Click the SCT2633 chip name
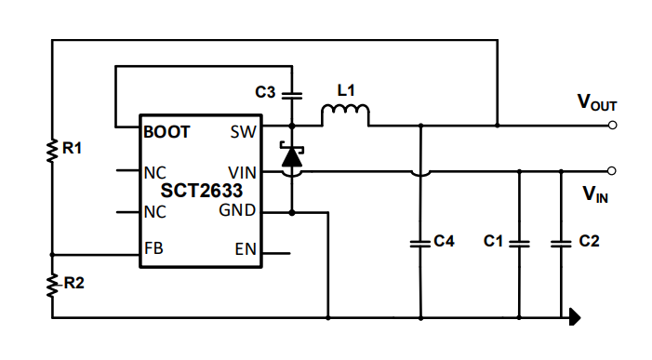click(202, 191)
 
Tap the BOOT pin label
click(167, 132)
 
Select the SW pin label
click(243, 132)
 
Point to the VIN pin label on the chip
click(242, 172)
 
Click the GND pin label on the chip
click(237, 211)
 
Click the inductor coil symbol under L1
click(345, 114)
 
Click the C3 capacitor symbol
click(292, 94)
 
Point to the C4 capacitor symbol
click(420, 243)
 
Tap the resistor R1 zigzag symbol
click(52, 148)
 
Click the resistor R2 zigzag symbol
click(52, 285)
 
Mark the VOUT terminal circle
click(612, 125)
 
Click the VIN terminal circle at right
click(612, 171)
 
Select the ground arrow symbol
click(575, 318)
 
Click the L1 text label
click(346, 90)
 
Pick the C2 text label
click(589, 241)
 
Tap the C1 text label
click(493, 241)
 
